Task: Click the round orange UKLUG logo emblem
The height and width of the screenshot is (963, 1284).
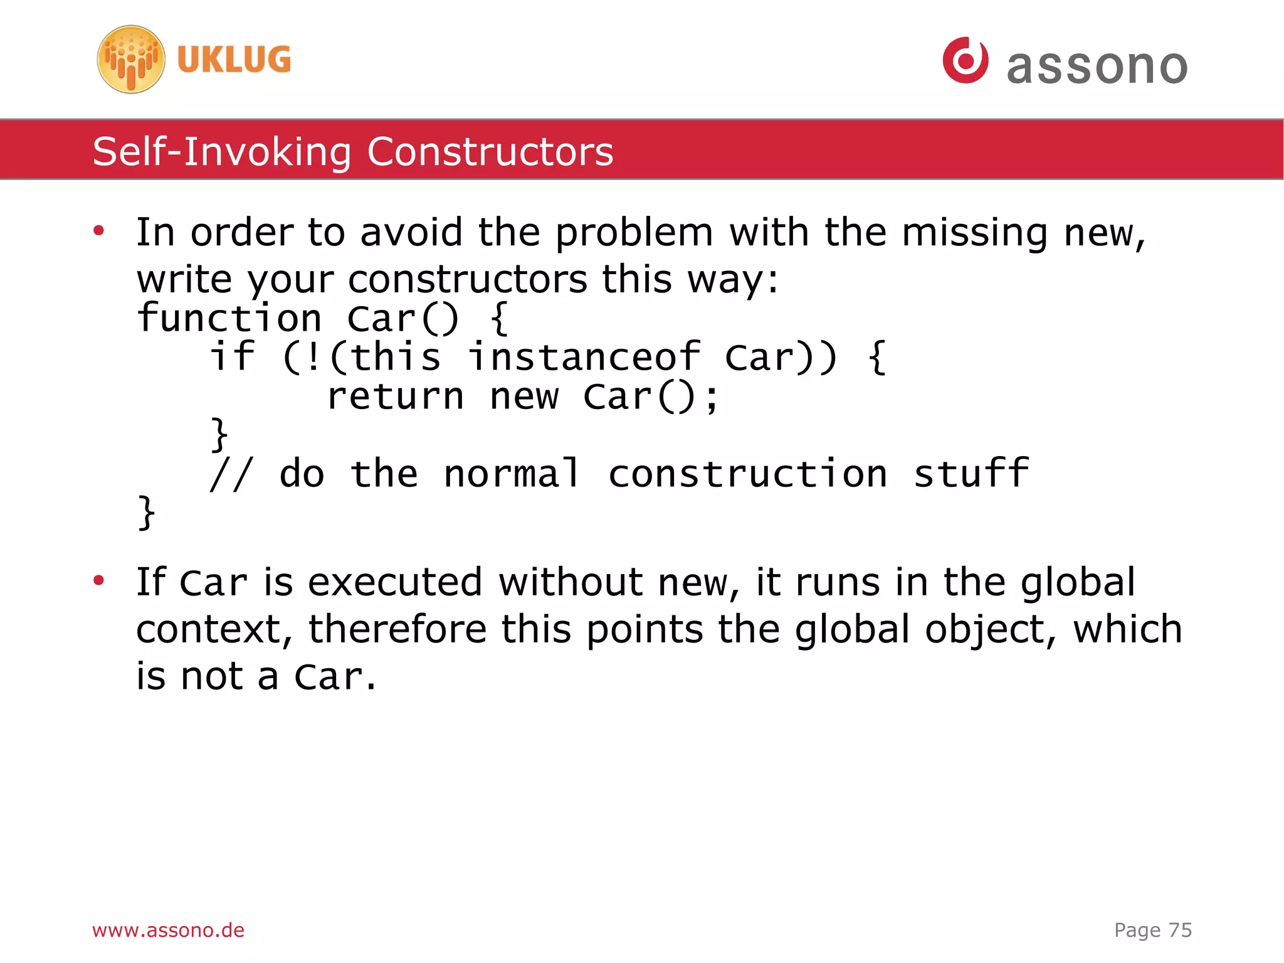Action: click(131, 60)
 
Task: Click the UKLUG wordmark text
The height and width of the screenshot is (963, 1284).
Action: click(234, 60)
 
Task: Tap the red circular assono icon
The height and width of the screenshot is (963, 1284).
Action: click(965, 60)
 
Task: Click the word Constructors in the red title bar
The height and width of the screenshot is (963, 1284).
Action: click(490, 152)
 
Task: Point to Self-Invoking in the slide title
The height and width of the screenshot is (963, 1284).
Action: click(222, 152)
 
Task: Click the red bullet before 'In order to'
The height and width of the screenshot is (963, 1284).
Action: click(98, 231)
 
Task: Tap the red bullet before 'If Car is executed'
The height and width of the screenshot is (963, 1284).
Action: click(98, 581)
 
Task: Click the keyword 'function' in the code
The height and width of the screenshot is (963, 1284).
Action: click(229, 318)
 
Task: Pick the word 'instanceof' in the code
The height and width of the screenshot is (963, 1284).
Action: click(584, 357)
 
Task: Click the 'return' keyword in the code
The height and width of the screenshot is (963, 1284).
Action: click(395, 396)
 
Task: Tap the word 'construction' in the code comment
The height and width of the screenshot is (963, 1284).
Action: click(747, 474)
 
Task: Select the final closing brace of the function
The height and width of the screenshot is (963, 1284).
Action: click(146, 513)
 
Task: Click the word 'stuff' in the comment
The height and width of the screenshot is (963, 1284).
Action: click(971, 474)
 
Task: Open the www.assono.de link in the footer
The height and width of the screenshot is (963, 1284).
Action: click(168, 930)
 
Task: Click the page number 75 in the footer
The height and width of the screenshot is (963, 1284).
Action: click(1180, 930)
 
